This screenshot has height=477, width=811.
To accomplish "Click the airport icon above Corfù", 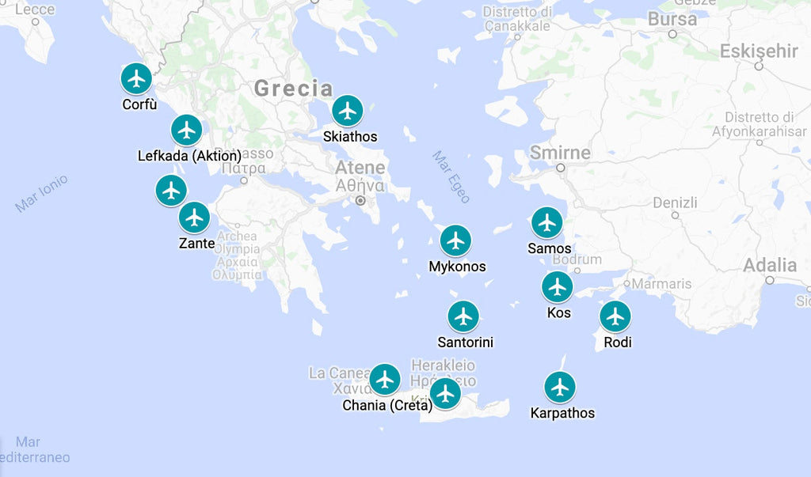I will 137,79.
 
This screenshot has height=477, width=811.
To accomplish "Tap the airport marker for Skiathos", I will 348,112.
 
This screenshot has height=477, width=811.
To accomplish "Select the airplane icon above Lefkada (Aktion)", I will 187,130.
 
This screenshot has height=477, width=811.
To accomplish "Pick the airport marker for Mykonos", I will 455,240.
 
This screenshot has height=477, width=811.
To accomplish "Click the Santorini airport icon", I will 463,317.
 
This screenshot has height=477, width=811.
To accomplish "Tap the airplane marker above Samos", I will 546,223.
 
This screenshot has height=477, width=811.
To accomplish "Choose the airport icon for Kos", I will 558,287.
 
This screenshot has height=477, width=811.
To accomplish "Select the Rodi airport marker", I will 615,316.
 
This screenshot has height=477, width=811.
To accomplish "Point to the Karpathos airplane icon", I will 560,388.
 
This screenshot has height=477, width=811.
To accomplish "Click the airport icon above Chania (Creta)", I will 385,380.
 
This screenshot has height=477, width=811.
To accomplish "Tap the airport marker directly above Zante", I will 194,218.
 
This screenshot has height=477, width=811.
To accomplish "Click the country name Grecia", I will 293,89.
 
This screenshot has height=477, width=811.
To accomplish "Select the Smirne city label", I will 560,153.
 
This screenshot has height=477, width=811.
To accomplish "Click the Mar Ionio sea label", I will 41,193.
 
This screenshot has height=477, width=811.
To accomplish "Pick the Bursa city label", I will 672,19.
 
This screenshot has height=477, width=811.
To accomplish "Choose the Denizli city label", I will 675,203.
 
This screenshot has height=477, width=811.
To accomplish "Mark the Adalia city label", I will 769,265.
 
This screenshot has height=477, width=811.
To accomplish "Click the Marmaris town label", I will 661,284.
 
